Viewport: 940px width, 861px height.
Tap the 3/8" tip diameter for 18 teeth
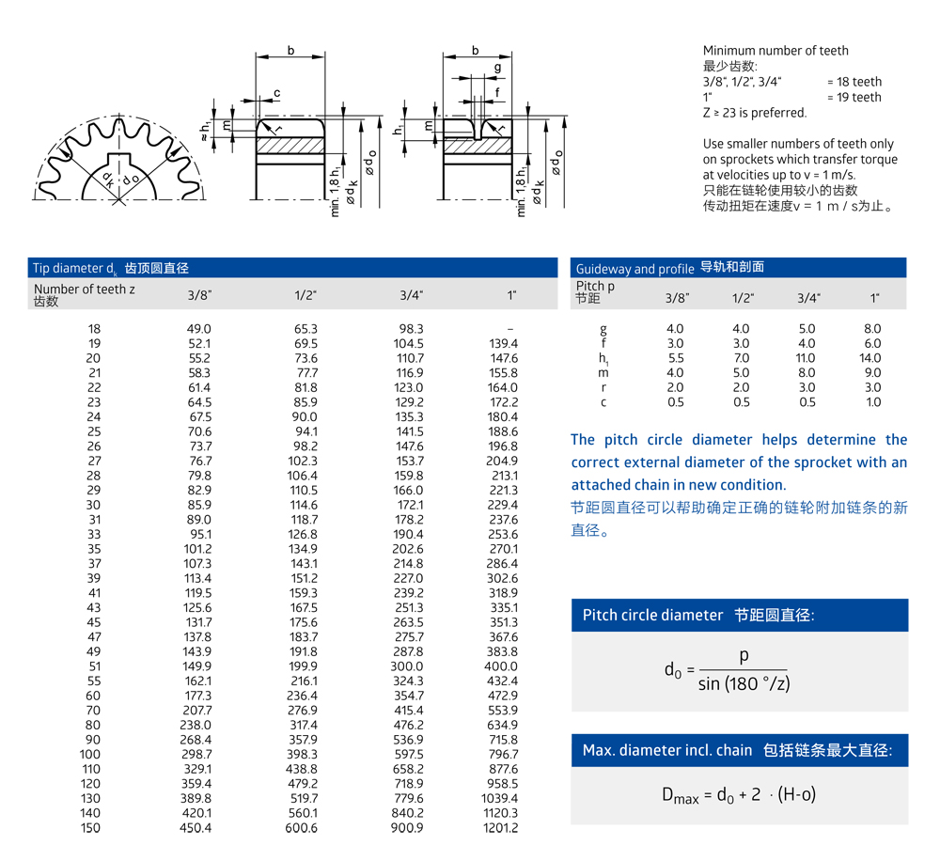tap(199, 329)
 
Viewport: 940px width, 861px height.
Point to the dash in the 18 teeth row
tap(509, 329)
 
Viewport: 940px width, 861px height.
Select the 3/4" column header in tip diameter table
tap(411, 294)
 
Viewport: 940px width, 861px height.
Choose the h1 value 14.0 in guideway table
tap(871, 358)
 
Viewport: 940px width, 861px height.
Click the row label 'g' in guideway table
tap(603, 329)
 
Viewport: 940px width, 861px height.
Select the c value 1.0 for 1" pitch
tap(872, 402)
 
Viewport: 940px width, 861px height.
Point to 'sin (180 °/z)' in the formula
tap(744, 683)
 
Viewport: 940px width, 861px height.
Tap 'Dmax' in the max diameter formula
tap(681, 796)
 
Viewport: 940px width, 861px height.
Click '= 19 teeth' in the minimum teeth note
tap(854, 97)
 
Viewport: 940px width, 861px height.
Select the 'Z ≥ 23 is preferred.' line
tap(754, 113)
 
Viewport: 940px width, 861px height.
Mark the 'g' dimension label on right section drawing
tap(496, 69)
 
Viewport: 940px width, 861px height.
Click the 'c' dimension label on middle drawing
tap(276, 92)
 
